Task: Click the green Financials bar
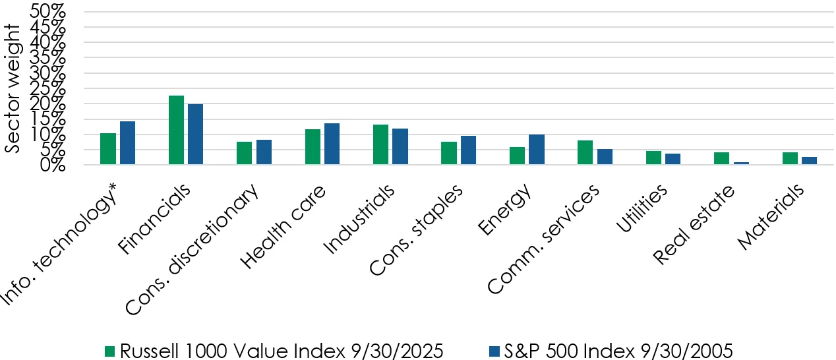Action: (176, 130)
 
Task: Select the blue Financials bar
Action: (195, 134)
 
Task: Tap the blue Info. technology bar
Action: (127, 142)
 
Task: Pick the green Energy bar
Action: (518, 156)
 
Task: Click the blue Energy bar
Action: (537, 149)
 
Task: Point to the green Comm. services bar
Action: (585, 152)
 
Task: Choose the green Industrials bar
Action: (380, 144)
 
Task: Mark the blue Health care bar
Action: (332, 144)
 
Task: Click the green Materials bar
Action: (790, 158)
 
